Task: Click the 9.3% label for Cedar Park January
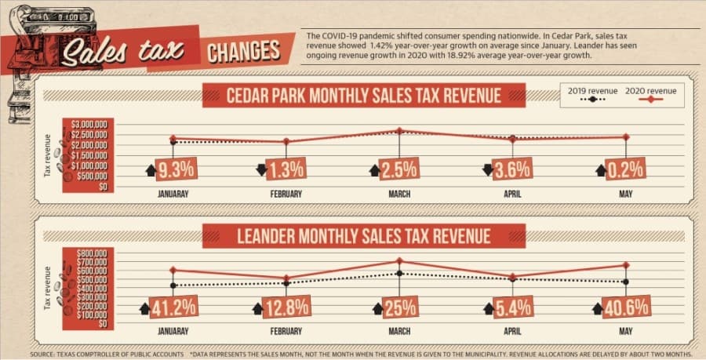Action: pos(176,169)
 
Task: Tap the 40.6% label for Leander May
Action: pos(626,307)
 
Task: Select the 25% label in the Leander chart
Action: pos(400,307)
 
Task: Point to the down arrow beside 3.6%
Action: pos(486,170)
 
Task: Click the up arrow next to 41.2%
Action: pos(144,309)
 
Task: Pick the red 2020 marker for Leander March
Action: pos(399,260)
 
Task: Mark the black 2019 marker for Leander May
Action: pos(626,282)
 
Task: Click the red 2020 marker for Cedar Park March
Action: pos(399,130)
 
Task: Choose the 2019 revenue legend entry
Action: pos(592,94)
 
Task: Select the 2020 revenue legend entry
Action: pos(650,94)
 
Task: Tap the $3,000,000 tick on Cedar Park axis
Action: pos(89,124)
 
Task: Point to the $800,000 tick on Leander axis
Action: pos(93,253)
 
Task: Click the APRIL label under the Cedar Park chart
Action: pos(512,194)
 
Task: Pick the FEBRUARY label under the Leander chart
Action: pos(286,331)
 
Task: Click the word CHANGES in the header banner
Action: pos(244,51)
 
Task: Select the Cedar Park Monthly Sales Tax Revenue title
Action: pos(364,96)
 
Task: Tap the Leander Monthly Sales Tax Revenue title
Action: pos(364,236)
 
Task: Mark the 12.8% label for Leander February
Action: pos(286,307)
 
